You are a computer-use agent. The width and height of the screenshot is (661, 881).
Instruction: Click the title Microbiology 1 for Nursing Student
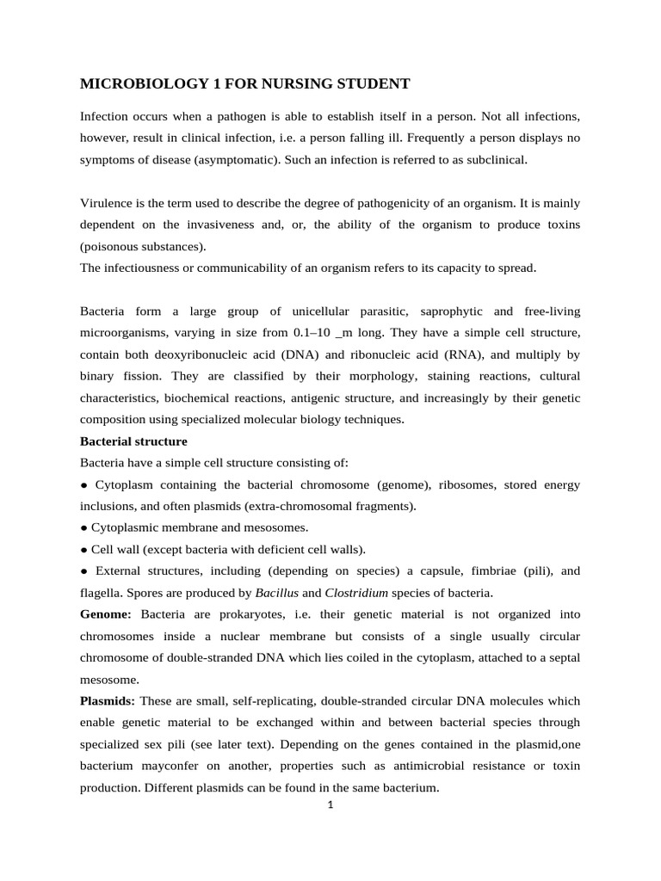click(x=245, y=83)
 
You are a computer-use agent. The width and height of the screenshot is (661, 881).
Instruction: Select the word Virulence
click(x=107, y=203)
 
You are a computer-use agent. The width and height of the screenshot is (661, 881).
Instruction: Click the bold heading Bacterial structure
click(x=133, y=441)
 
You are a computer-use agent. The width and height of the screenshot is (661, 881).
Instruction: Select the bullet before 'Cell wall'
click(x=83, y=549)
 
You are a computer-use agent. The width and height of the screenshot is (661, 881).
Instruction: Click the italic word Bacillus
click(x=276, y=592)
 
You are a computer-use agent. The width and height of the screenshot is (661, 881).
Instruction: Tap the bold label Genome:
click(x=106, y=614)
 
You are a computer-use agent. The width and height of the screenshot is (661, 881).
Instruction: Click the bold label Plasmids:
click(x=108, y=700)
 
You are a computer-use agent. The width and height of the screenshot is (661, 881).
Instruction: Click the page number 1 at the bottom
click(x=330, y=805)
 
